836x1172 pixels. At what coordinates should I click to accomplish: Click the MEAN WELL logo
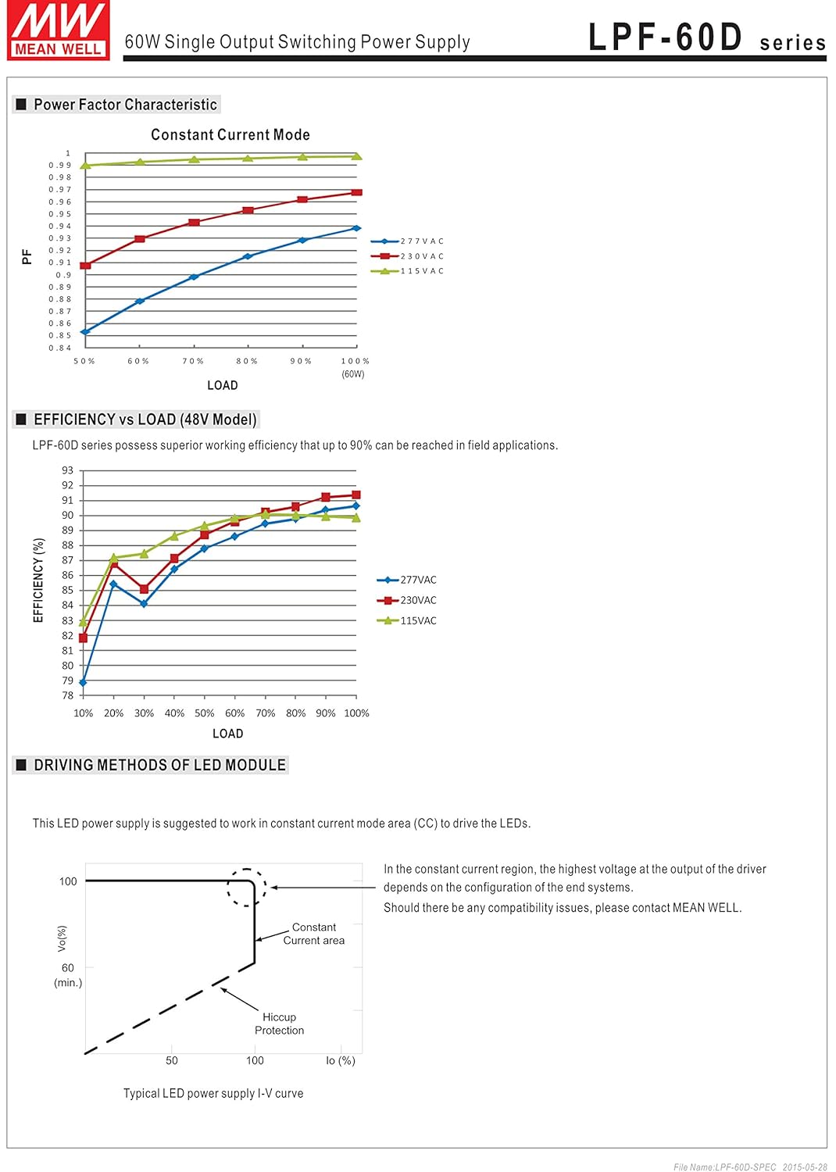59,30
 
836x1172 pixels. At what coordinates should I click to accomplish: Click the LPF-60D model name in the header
665,38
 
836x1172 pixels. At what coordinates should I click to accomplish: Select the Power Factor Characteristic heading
125,105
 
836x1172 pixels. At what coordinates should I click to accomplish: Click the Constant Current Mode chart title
230,135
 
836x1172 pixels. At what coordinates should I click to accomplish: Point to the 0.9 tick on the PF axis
63,275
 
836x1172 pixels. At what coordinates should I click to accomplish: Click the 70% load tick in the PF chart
193,361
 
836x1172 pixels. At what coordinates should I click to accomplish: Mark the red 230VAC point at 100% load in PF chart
357,192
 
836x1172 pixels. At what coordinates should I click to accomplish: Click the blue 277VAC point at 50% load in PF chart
85,332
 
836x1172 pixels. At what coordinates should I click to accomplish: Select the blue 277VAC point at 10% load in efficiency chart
84,683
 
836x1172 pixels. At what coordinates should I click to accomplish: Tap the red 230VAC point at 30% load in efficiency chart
144,589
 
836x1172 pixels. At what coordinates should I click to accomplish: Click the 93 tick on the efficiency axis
68,470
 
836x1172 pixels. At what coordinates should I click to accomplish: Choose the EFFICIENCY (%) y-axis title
38,580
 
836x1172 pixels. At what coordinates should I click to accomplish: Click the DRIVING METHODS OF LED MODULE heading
159,765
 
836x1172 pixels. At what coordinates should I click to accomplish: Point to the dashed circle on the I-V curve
247,888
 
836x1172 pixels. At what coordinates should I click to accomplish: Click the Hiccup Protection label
279,1024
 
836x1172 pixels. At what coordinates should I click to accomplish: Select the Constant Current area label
313,934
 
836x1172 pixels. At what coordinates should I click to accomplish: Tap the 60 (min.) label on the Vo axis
68,974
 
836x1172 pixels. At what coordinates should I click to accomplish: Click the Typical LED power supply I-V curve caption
213,1093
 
